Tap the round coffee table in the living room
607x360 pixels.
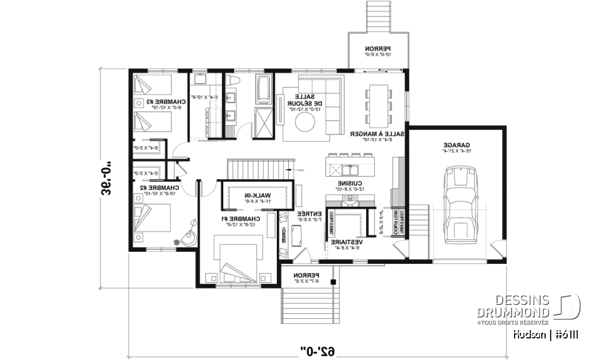307,123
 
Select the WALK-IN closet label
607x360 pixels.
257,196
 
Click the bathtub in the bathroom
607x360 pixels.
264,89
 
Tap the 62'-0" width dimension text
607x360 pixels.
316,348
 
